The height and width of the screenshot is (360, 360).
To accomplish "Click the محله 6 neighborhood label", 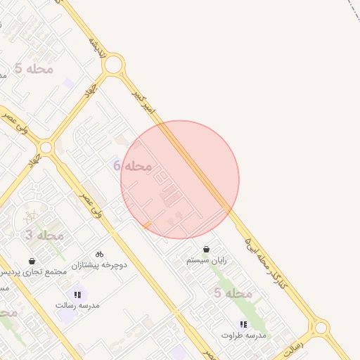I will coord(133,166).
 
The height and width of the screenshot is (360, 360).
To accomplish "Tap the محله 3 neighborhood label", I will coord(44,235).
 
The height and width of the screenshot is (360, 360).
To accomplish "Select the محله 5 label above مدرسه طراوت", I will coord(233,292).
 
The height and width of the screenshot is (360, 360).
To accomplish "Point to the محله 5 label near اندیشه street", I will coord(33,68).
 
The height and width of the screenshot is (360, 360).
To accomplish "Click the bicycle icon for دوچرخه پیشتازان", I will coord(99,253).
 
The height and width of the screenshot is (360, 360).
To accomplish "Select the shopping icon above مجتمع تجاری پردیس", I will coord(32,260).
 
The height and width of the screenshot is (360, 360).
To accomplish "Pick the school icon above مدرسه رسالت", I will coord(77,295).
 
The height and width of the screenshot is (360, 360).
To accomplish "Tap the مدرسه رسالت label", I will coord(77,306).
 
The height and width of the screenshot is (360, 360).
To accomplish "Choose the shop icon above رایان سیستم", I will coord(206,249).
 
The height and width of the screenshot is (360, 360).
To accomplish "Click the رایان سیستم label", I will coord(207,260).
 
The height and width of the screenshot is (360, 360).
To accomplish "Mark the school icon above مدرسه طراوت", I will coord(243,324).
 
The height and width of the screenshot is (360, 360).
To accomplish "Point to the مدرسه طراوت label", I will coord(243,335).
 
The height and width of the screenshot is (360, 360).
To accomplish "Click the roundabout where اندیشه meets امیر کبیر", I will coord(113,66).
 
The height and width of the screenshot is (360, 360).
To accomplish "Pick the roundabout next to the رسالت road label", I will coord(321,327).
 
